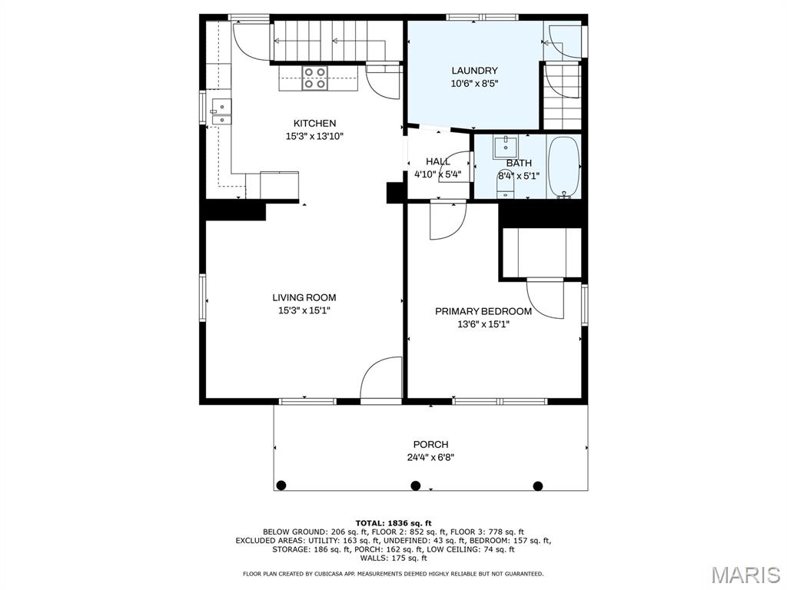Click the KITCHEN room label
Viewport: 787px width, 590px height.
(x=314, y=124)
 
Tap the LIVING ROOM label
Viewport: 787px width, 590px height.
(x=304, y=297)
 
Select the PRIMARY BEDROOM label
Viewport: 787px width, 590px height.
(x=483, y=312)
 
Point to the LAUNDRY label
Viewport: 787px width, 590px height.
(x=474, y=71)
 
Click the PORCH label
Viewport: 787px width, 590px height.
(x=430, y=445)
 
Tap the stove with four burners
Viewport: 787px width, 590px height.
(x=314, y=78)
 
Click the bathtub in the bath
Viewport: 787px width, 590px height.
(x=564, y=167)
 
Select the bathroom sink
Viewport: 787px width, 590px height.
(x=506, y=147)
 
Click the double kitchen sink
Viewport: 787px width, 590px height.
(x=221, y=111)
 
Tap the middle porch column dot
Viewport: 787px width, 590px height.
(x=416, y=486)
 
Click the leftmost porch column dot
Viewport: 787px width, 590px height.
(x=281, y=486)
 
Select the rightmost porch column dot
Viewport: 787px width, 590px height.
(x=538, y=486)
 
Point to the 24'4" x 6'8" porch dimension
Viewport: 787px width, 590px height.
(x=430, y=458)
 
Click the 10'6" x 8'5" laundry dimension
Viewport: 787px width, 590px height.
(x=474, y=84)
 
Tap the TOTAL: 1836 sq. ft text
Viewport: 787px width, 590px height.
(x=393, y=523)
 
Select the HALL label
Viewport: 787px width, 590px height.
(x=438, y=161)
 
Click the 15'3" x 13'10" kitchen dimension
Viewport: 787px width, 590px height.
(x=314, y=136)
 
